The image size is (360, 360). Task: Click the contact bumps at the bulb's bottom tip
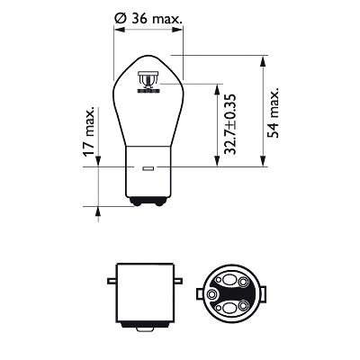pyautogui.click(x=146, y=206)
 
